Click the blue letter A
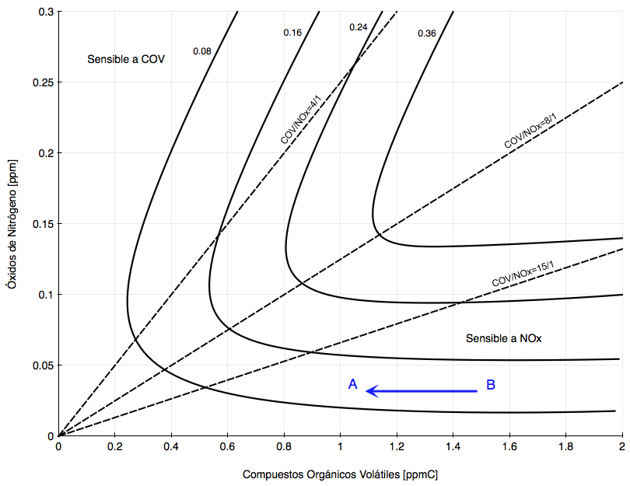pyautogui.click(x=353, y=384)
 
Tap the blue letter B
pyautogui.click(x=491, y=384)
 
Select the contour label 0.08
pyautogui.click(x=202, y=51)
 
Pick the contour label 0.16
pyautogui.click(x=292, y=33)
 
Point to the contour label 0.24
pyautogui.click(x=358, y=27)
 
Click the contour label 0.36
pyautogui.click(x=427, y=33)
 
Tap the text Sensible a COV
pyautogui.click(x=126, y=60)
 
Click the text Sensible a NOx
pyautogui.click(x=503, y=338)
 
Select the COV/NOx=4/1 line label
pyautogui.click(x=300, y=118)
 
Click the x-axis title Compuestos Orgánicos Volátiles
pyautogui.click(x=346, y=474)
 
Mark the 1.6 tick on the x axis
pyautogui.click(x=509, y=447)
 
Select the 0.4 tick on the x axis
pyautogui.click(x=171, y=447)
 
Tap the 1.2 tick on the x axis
pyautogui.click(x=397, y=447)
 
